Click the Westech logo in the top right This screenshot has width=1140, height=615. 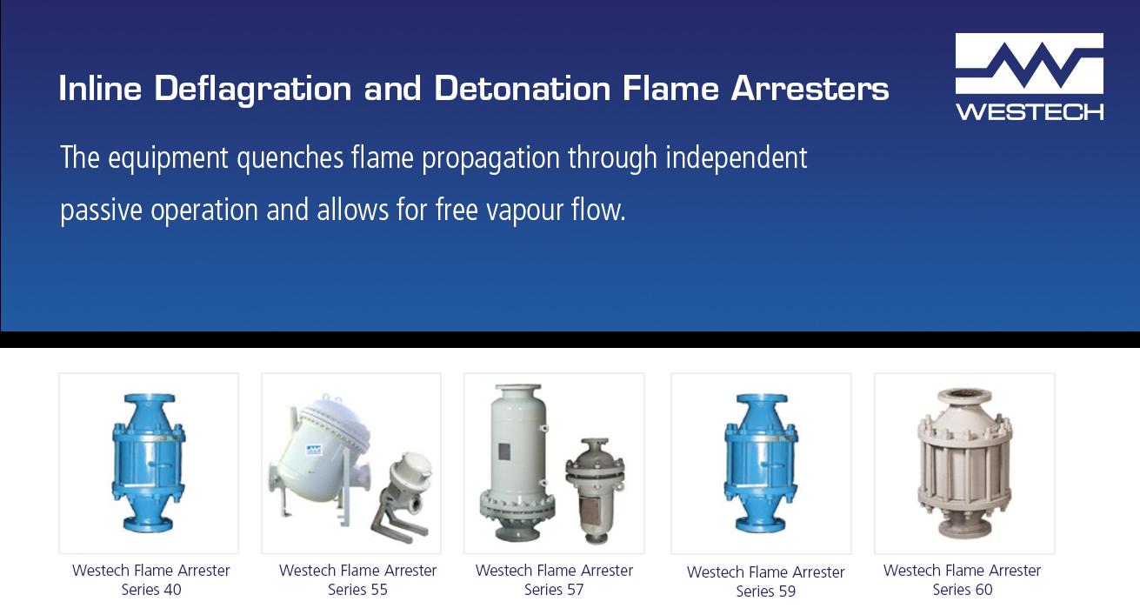click(x=1029, y=77)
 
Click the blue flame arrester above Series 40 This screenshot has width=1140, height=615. click(x=149, y=463)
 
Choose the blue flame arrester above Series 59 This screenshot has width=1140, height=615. click(x=761, y=463)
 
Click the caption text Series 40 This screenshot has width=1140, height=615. click(x=151, y=590)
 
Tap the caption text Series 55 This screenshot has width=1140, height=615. click(x=357, y=590)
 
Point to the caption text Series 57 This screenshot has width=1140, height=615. click(x=554, y=590)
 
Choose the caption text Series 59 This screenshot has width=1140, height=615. click(x=765, y=592)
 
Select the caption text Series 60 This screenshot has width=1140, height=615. click(x=962, y=590)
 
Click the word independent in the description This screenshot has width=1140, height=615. click(x=737, y=158)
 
